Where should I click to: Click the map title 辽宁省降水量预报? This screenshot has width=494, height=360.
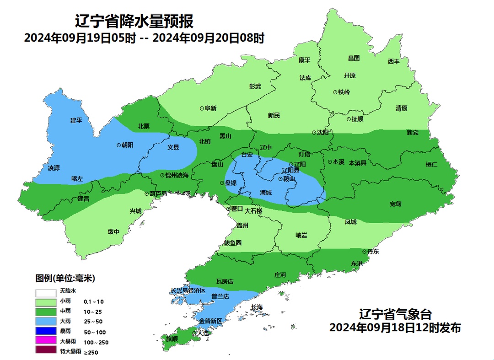pos(134,21)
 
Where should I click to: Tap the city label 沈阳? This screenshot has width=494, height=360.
pos(323,133)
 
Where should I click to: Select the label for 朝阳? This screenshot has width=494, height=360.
pos(128,145)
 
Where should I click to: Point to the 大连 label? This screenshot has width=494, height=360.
pos(203,333)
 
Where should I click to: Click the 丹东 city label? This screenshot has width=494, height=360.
pos(373,252)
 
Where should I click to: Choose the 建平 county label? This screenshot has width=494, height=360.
pos(76,120)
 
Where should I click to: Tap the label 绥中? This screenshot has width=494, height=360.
pos(113,232)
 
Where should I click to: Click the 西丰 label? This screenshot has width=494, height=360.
pos(393,61)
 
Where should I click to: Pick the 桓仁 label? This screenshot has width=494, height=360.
pos(431,164)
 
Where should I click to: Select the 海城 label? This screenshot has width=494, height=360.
pos(266,193)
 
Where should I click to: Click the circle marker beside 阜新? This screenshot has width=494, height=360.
pos(202,108)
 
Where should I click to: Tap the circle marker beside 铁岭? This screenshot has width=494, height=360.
pos(335,92)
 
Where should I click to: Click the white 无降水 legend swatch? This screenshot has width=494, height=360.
pos(42,291)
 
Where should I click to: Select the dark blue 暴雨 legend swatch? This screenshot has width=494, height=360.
pos(42,331)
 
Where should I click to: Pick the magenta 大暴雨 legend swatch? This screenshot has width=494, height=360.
pos(42,341)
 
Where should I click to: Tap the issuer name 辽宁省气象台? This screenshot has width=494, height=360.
pos(395,315)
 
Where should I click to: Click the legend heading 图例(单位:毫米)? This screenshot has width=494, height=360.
pos(65,278)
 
